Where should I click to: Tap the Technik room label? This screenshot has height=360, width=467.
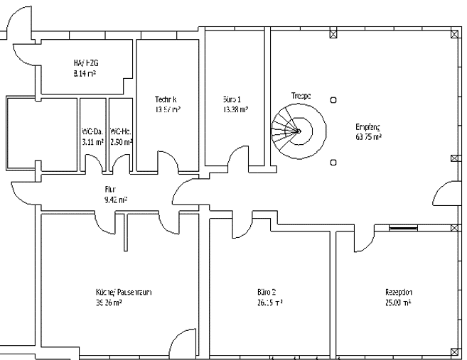click(x=166, y=99)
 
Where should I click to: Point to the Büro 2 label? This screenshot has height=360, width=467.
click(x=267, y=292)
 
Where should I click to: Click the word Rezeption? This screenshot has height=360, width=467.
click(x=398, y=292)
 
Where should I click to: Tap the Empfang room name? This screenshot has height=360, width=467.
click(x=368, y=127)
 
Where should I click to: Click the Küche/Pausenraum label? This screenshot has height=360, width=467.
click(x=119, y=292)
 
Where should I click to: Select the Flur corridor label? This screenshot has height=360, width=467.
click(x=110, y=190)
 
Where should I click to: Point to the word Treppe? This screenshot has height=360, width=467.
click(x=301, y=95)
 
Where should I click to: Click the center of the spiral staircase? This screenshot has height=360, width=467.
click(x=299, y=131)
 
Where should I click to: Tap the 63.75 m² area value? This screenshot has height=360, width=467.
click(x=368, y=137)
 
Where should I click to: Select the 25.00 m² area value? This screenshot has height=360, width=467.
click(x=398, y=302)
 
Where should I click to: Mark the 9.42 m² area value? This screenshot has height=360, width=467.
click(x=110, y=200)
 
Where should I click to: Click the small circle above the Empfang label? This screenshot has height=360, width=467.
click(x=333, y=99)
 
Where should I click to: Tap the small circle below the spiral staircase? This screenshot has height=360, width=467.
click(x=333, y=163)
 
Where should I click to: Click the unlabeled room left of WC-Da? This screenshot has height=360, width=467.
click(x=41, y=133)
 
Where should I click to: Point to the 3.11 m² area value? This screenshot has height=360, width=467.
click(x=92, y=142)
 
